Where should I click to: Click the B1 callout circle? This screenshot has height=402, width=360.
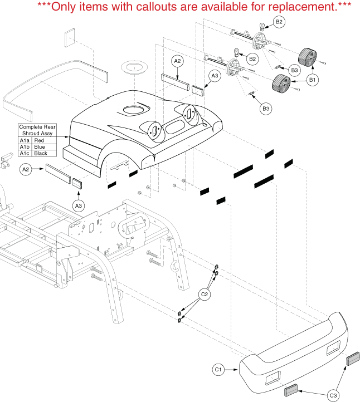(x=313, y=80)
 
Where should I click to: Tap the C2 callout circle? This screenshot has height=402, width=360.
(x=205, y=294)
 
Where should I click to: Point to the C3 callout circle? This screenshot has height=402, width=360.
(x=333, y=395)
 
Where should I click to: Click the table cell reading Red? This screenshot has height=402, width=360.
(x=39, y=140)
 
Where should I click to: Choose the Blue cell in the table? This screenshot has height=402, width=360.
(x=40, y=147)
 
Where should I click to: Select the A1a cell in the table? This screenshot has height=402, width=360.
(x=25, y=140)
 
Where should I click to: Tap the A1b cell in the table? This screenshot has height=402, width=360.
(x=25, y=147)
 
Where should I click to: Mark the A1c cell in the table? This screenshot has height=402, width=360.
(x=25, y=153)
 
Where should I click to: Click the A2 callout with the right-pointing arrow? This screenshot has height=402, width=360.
(x=26, y=169)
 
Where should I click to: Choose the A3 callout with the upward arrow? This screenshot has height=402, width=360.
(x=79, y=205)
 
